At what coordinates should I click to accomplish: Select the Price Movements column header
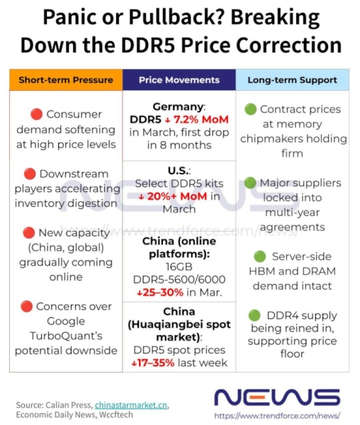179,80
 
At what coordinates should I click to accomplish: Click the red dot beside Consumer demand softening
36,114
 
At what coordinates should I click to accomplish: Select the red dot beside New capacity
29,232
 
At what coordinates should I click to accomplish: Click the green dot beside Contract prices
250,109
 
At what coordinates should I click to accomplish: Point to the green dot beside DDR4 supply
255,315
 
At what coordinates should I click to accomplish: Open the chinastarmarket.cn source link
131,405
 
